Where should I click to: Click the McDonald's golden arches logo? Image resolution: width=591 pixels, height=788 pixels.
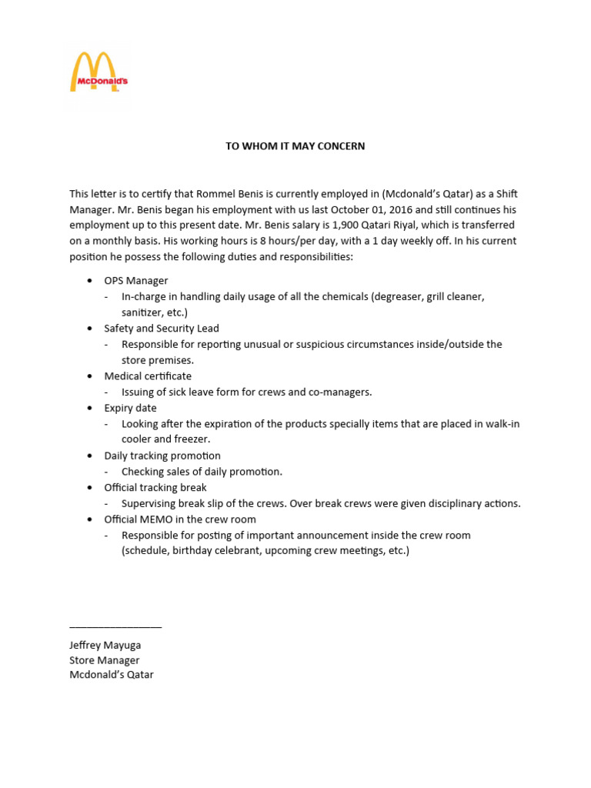[98, 72]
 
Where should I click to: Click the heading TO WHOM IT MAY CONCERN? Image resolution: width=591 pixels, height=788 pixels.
[295, 146]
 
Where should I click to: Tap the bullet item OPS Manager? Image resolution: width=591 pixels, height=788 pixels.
[136, 280]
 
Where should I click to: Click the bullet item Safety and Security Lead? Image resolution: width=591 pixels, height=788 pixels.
[162, 328]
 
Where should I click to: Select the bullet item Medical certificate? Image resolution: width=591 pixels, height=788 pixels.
[148, 376]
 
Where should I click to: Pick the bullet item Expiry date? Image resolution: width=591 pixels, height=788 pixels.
[130, 408]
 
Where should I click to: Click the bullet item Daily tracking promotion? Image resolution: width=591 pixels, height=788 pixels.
[162, 456]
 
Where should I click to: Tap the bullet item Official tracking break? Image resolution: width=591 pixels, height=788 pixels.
[155, 487]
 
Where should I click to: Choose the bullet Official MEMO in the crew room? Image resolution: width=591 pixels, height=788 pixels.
[180, 519]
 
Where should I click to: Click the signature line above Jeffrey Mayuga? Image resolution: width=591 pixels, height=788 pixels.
[115, 627]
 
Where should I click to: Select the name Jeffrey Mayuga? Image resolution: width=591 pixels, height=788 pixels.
[105, 645]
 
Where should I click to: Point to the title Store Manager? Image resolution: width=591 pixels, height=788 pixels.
[105, 660]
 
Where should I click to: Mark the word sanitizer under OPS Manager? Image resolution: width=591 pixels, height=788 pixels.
[142, 312]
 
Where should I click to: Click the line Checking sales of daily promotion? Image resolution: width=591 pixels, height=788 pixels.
[202, 472]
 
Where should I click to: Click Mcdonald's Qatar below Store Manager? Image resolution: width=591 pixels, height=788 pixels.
[112, 675]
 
